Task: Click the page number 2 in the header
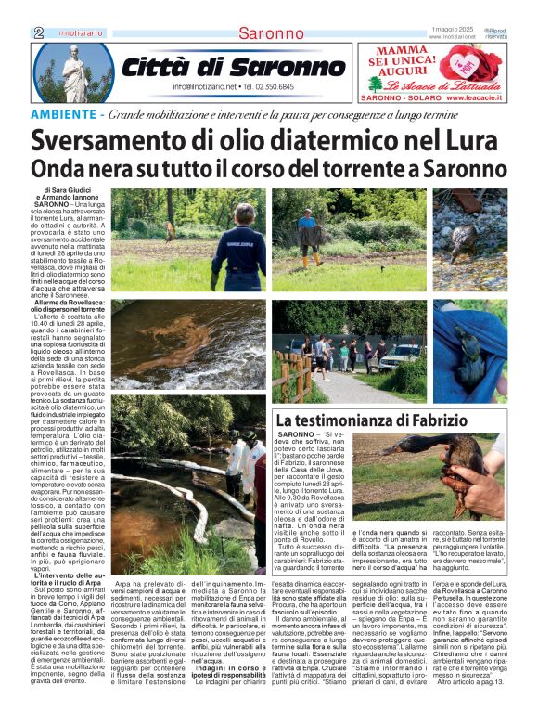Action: coord(39,32)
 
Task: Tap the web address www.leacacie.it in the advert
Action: coord(478,97)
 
